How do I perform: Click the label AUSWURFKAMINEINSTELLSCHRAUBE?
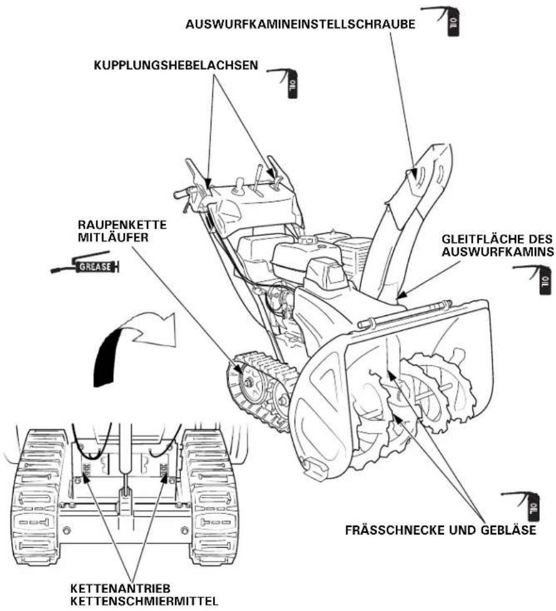(300, 24)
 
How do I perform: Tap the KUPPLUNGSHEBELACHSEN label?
(176, 65)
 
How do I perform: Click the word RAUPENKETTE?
(122, 225)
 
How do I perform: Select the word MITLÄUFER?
(113, 237)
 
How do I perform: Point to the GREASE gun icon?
(85, 266)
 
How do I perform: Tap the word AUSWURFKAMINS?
(497, 252)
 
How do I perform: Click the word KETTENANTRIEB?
(121, 588)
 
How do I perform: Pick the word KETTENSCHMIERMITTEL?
(144, 601)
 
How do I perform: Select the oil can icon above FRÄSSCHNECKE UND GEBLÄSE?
(522, 506)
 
